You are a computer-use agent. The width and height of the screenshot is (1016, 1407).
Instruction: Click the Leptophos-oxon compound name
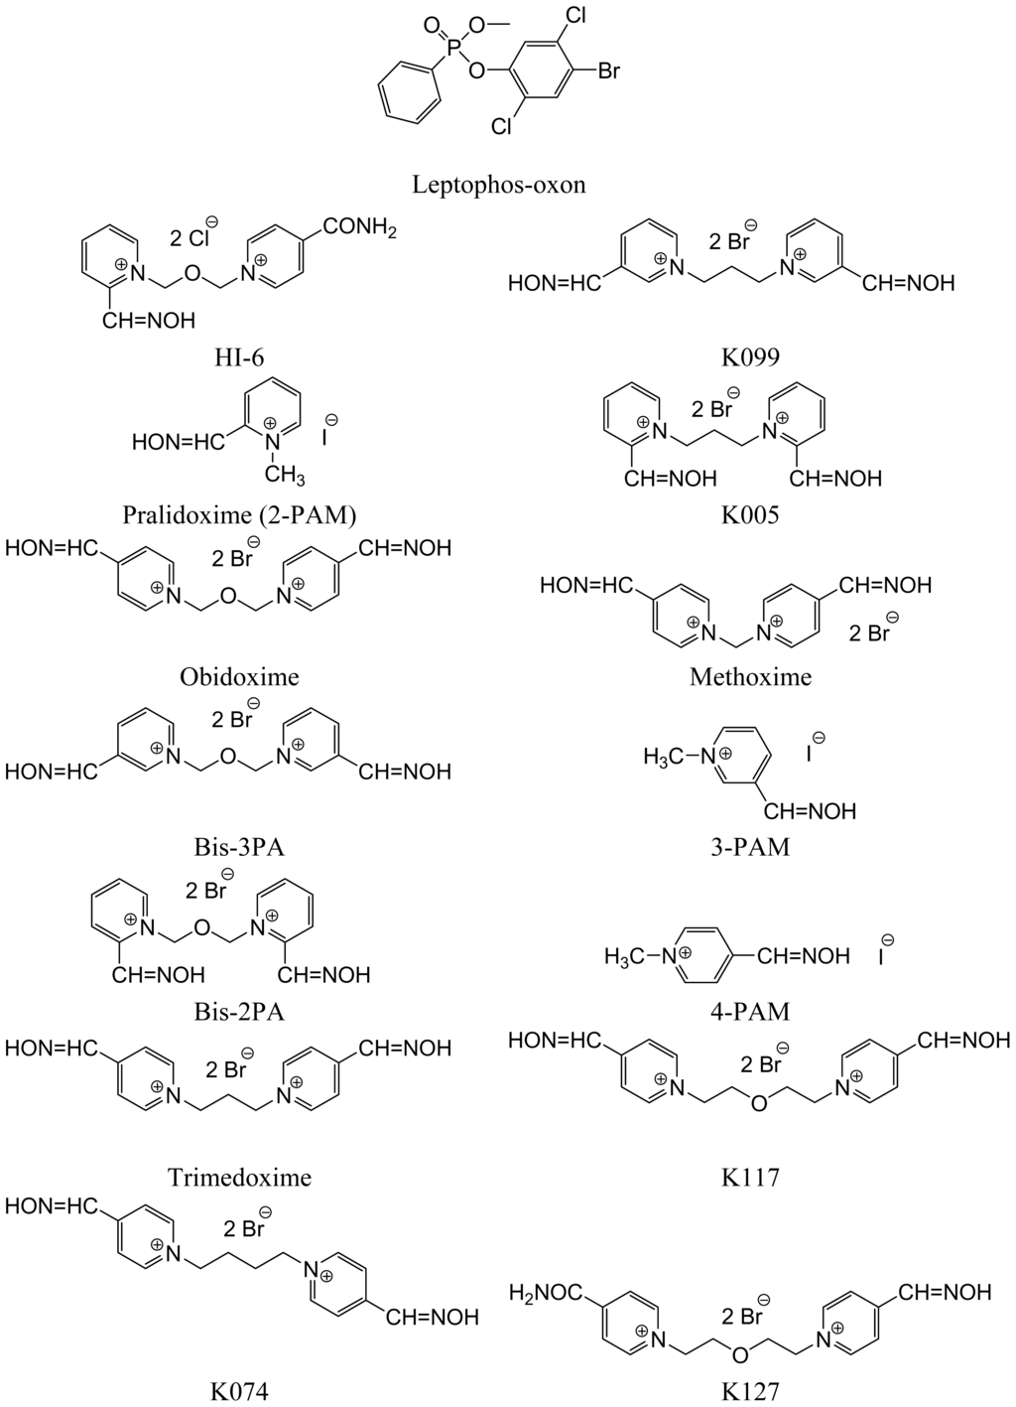(x=499, y=185)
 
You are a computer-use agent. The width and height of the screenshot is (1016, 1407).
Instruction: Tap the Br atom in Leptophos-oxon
(x=608, y=71)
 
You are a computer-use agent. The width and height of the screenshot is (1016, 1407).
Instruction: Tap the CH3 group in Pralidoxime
(x=284, y=476)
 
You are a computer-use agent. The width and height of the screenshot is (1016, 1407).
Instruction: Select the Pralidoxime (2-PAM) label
(x=239, y=515)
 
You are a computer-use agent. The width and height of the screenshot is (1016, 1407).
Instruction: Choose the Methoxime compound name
(x=750, y=677)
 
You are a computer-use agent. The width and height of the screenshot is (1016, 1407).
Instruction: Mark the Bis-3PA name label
(x=239, y=847)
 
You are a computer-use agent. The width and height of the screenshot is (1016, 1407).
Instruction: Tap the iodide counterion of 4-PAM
(x=884, y=956)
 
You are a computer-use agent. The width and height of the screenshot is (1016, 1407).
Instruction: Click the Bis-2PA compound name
(x=239, y=1011)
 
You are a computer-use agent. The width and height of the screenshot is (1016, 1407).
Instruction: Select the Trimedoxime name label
(x=239, y=1178)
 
